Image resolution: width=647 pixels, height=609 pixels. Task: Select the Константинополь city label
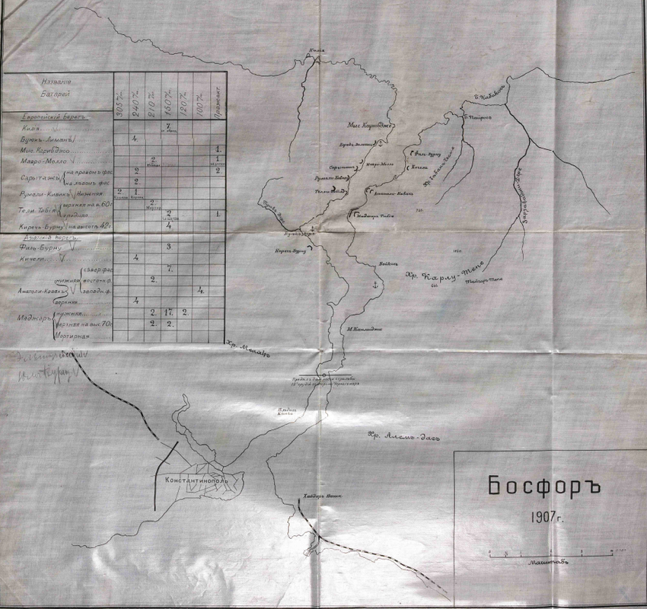point(197,482)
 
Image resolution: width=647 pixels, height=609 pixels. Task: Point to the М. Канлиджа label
point(365,329)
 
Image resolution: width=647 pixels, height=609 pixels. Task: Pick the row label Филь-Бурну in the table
point(43,248)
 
